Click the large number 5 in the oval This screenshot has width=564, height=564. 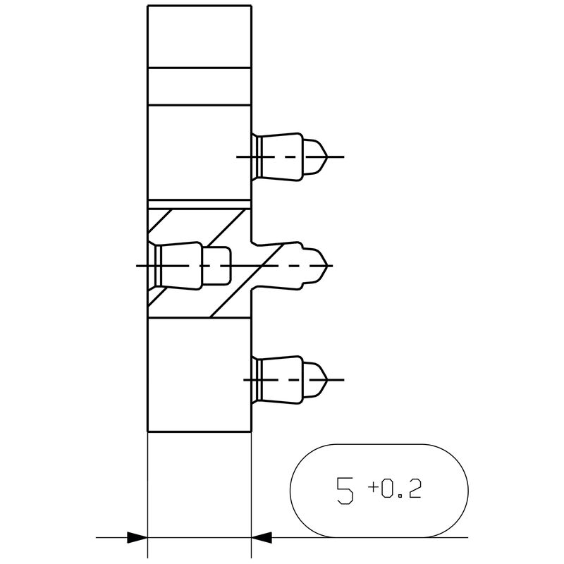click(x=345, y=490)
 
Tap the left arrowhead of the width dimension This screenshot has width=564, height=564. click(x=137, y=537)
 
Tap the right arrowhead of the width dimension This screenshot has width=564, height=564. click(x=261, y=537)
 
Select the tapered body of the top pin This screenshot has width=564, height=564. click(x=283, y=155)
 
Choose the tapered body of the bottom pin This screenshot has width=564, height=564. click(x=283, y=380)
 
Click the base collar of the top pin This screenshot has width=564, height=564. click(x=257, y=155)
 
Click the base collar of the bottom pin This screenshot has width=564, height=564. click(x=257, y=380)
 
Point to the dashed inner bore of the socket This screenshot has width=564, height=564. click(x=217, y=266)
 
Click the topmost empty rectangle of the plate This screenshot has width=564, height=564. click(x=199, y=35)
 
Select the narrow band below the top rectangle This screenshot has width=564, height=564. click(x=199, y=85)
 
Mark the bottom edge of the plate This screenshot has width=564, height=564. click(x=199, y=431)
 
